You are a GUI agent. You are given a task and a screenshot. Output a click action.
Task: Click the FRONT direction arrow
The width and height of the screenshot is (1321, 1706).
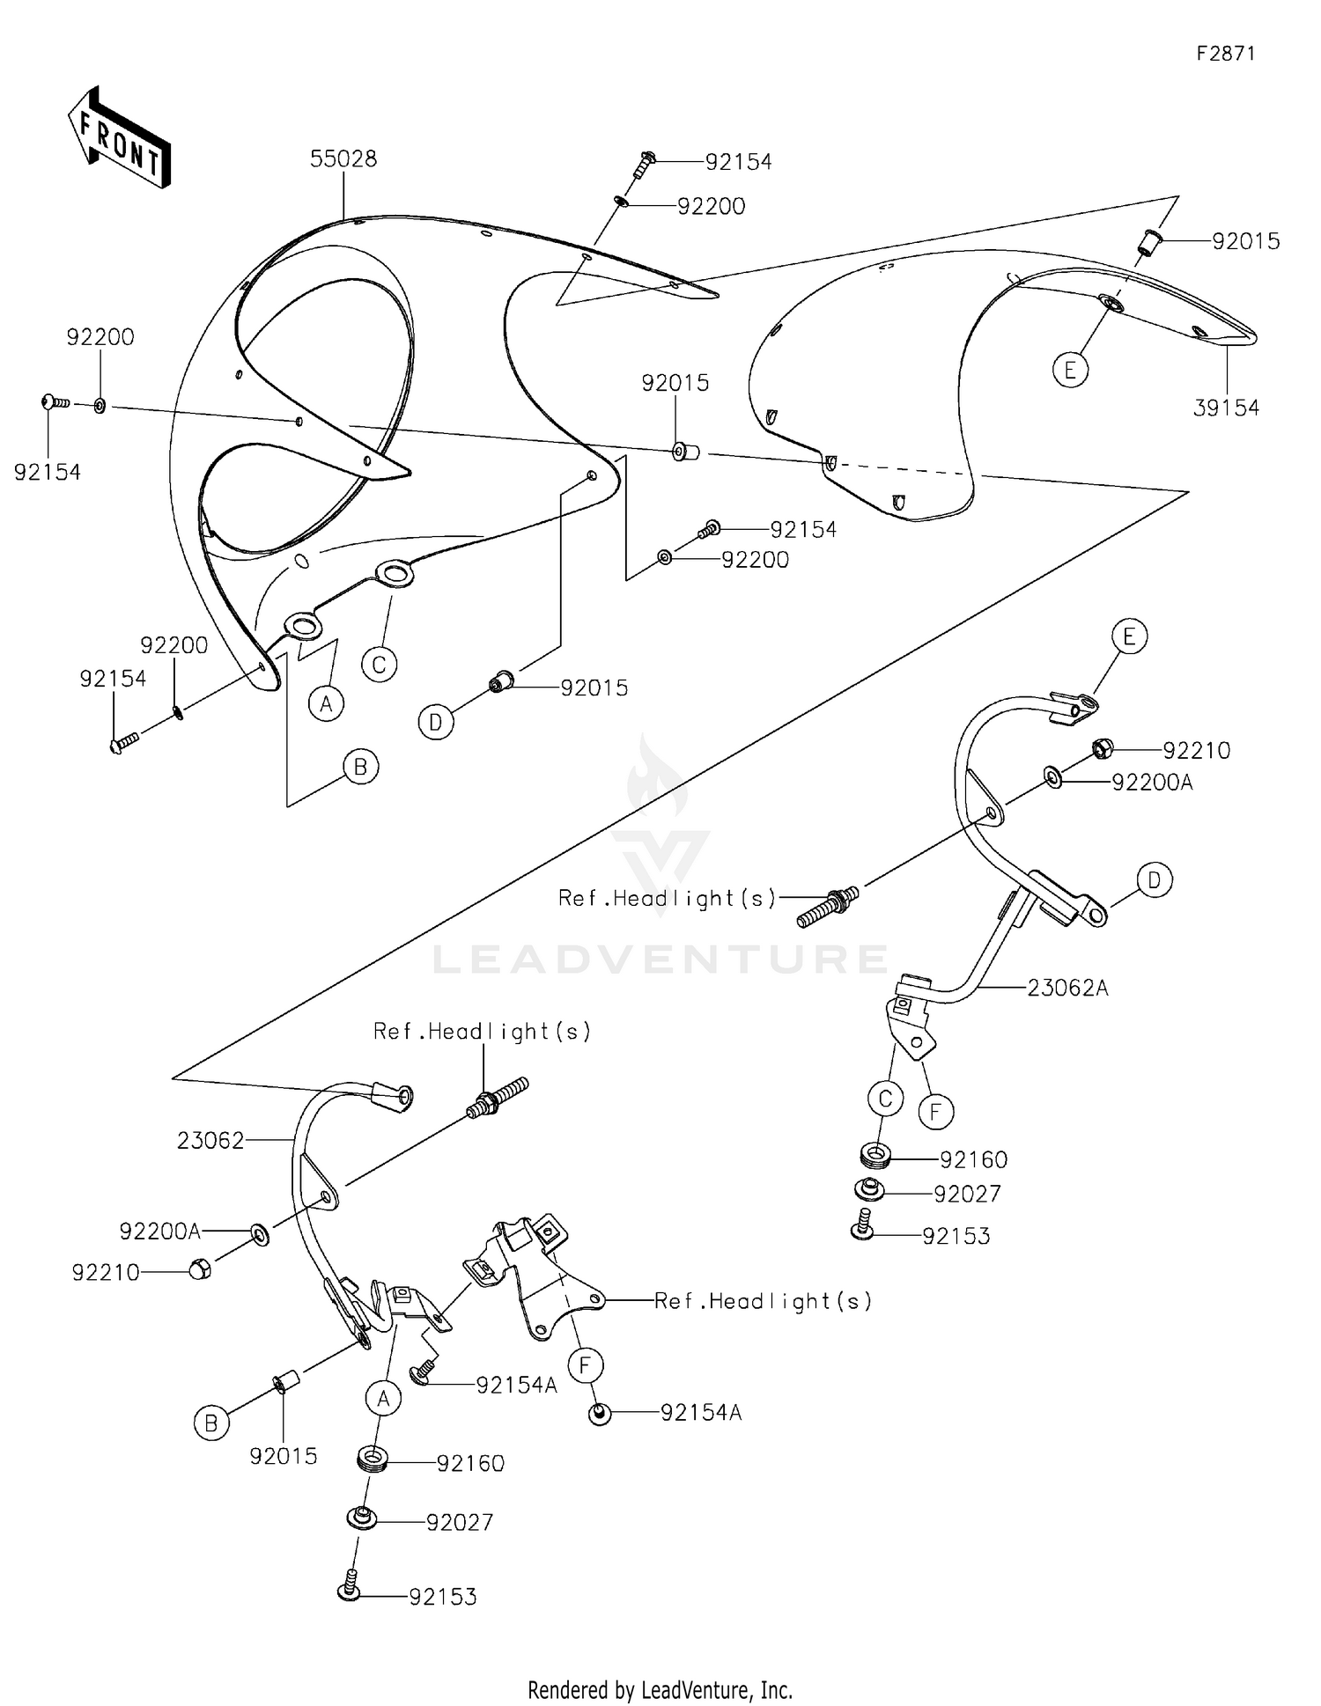(120, 139)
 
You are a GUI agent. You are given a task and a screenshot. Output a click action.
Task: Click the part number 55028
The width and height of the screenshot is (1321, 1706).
(343, 159)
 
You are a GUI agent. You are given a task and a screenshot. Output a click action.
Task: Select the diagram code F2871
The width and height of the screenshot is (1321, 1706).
(1226, 54)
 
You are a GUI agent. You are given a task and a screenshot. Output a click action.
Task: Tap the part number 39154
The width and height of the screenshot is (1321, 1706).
(1226, 408)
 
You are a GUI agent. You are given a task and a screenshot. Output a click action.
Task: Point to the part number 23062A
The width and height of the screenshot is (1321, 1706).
(1067, 989)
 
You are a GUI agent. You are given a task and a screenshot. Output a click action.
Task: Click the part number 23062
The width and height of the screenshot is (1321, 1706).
(210, 1141)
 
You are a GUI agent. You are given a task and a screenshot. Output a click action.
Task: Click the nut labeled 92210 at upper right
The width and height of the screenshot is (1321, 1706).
(1102, 749)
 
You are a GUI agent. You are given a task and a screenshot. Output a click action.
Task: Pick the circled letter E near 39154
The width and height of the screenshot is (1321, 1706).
(1070, 370)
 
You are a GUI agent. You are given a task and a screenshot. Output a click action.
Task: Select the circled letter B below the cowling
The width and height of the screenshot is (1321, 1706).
(360, 767)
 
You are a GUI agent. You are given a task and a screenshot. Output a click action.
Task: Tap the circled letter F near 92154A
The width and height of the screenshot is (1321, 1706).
(585, 1366)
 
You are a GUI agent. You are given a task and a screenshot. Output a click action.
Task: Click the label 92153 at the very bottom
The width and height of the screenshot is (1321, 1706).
(442, 1597)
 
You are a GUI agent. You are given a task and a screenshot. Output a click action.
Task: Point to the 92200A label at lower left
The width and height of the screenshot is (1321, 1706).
(160, 1232)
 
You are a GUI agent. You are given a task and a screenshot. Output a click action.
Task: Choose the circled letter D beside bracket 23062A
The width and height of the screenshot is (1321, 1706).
(1154, 879)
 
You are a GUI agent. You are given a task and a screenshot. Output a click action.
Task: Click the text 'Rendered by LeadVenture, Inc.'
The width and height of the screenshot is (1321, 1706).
(660, 1690)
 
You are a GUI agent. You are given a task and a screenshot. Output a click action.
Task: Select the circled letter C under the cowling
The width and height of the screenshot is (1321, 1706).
(379, 665)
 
